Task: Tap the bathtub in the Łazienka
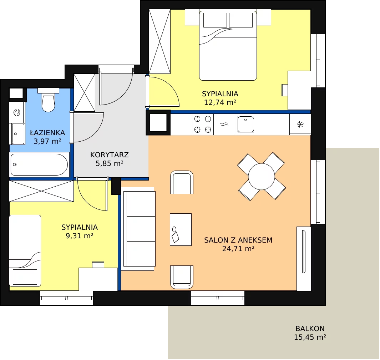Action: pos(39,164)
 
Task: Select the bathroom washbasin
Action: pos(18,134)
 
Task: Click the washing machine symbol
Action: pos(17,113)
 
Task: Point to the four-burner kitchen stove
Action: pos(203,124)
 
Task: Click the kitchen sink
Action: pos(246,124)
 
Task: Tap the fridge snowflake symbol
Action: pos(300,125)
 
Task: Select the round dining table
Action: pos(262,177)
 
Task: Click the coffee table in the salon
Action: pos(181,230)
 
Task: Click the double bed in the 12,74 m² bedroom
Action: pos(228,45)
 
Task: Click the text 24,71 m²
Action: pos(238,249)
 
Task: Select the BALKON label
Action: pos(310,329)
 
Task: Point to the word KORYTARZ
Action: pos(110,155)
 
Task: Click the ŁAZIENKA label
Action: pos(47,132)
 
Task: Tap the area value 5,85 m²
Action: pos(110,163)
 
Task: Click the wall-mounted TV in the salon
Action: pos(304,252)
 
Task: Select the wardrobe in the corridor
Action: pos(84,93)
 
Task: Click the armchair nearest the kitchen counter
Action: pos(182,182)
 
